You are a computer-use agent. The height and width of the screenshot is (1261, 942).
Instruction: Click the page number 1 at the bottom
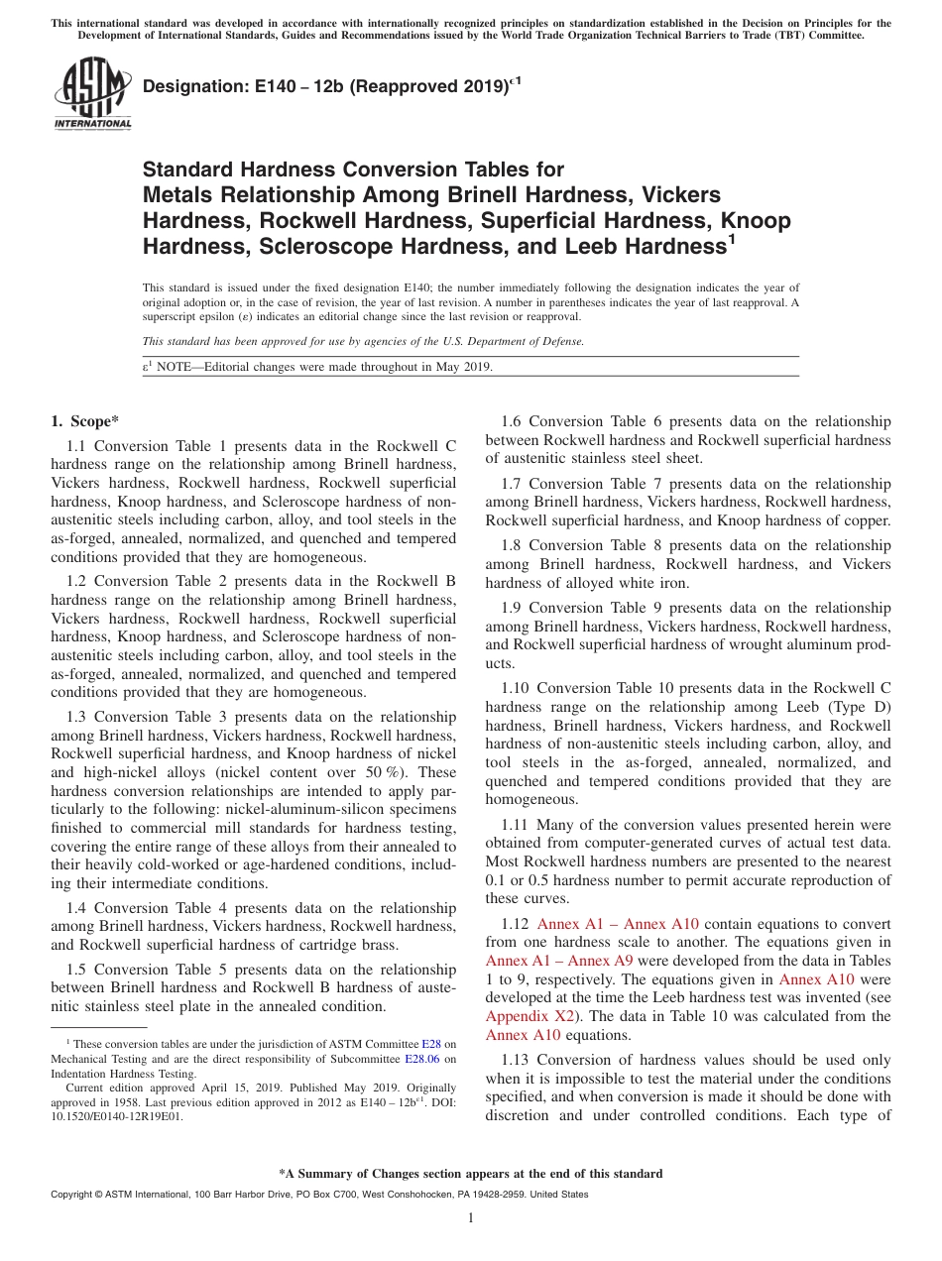click(x=471, y=1217)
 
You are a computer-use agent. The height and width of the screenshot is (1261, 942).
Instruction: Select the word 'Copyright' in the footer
click(x=74, y=1195)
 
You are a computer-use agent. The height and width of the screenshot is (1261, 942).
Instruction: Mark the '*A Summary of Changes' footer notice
click(x=470, y=1174)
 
